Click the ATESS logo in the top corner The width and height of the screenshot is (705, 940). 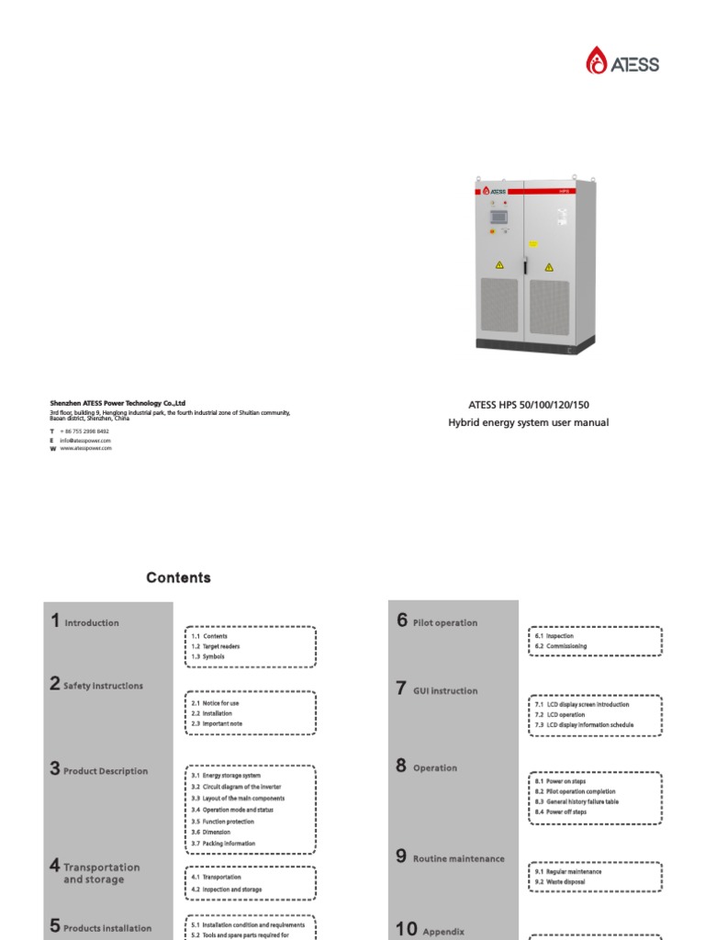(622, 62)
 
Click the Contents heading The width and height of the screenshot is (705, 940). (178, 577)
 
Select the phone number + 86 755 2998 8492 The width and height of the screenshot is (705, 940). (84, 431)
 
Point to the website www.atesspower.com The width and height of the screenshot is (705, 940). (86, 448)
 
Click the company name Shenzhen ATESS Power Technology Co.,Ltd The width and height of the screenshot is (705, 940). (117, 403)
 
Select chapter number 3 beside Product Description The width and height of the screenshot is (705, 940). (55, 769)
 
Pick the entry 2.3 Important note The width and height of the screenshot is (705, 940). (217, 723)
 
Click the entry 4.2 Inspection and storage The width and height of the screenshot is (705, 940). (226, 889)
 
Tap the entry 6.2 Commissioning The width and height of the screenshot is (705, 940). (560, 646)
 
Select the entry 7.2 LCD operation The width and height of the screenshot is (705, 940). (560, 714)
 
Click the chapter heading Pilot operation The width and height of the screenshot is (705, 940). (445, 622)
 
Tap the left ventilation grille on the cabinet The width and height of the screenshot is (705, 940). (499, 305)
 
